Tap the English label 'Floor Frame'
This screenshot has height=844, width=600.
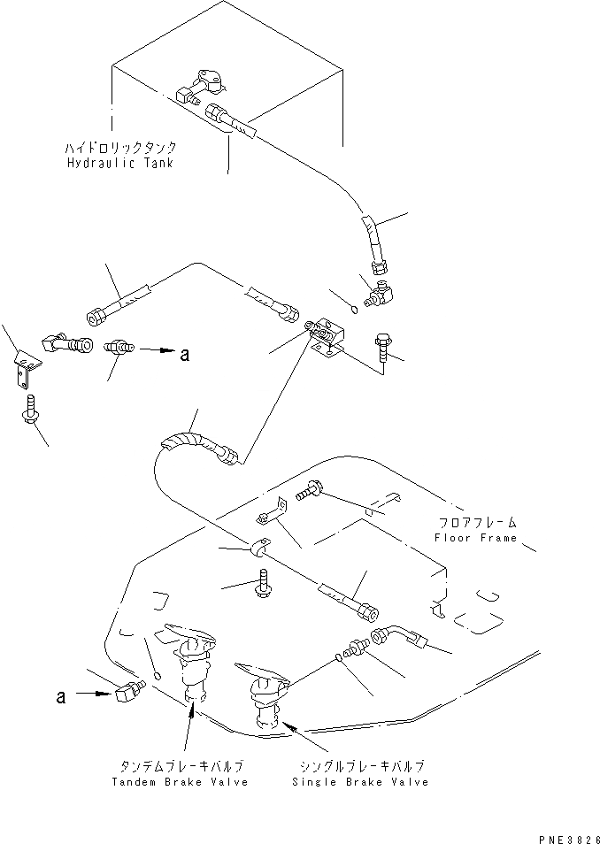pos(475,538)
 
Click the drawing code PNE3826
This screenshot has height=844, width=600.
pos(570,834)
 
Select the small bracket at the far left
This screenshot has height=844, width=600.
pos(26,371)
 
